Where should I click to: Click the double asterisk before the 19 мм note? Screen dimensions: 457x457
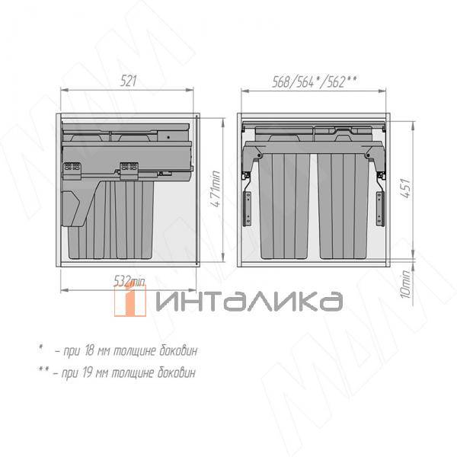[43, 371]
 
